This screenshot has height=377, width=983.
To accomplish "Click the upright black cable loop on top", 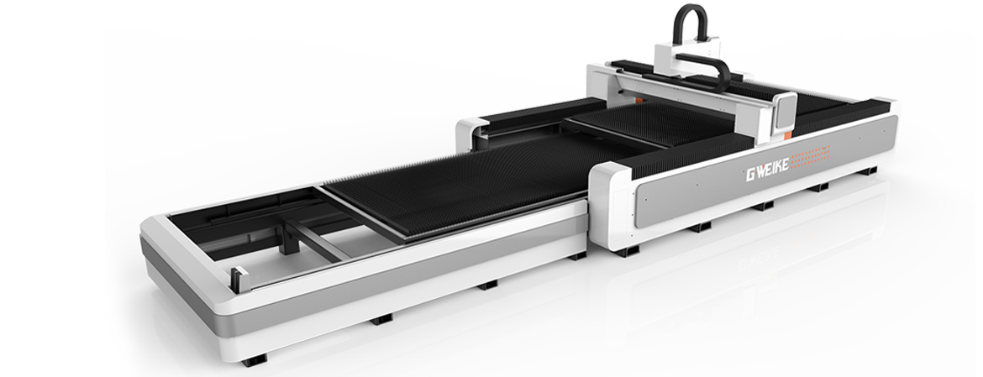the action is (692, 22).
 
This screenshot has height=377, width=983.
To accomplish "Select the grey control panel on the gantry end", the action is (784, 113).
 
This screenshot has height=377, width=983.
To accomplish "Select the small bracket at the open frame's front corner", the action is (239, 280).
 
